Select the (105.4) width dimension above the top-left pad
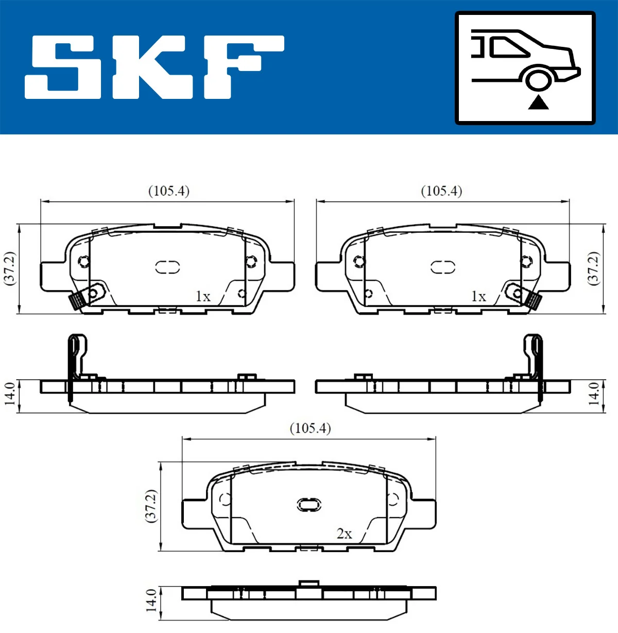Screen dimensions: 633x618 pyautogui.click(x=168, y=191)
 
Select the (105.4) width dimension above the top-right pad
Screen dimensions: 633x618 pyautogui.click(x=441, y=191)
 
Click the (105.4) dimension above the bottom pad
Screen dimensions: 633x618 pyautogui.click(x=310, y=429)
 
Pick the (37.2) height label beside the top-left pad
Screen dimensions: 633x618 pyautogui.click(x=10, y=268)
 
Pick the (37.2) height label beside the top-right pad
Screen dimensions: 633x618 pyautogui.click(x=594, y=268)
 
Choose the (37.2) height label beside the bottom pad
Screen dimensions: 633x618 pyautogui.click(x=151, y=506)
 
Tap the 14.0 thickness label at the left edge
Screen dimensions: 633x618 pyautogui.click(x=10, y=394)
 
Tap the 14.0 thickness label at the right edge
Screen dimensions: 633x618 pyautogui.click(x=594, y=394)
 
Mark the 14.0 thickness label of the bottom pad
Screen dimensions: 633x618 pyautogui.click(x=151, y=600)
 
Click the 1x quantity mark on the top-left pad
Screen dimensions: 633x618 pyautogui.click(x=203, y=297)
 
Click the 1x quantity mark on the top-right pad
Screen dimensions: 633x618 pyautogui.click(x=478, y=297)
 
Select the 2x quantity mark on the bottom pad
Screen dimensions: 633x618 pyautogui.click(x=344, y=534)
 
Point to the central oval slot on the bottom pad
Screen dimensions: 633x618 pyautogui.click(x=309, y=504)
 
